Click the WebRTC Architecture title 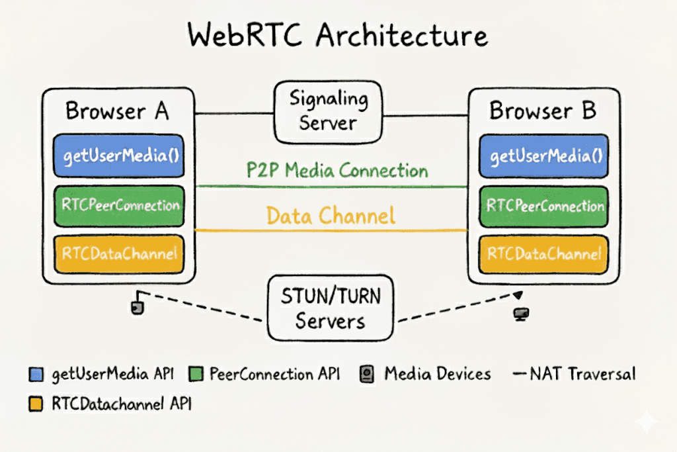point(338,36)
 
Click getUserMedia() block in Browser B point(543,156)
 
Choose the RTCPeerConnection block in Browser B point(543,205)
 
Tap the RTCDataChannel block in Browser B point(543,252)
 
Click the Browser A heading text point(117,111)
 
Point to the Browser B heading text point(543,111)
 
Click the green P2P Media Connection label point(337,171)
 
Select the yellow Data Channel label point(331,216)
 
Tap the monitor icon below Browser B point(520,314)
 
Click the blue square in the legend point(36,375)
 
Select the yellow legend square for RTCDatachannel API point(36,404)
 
